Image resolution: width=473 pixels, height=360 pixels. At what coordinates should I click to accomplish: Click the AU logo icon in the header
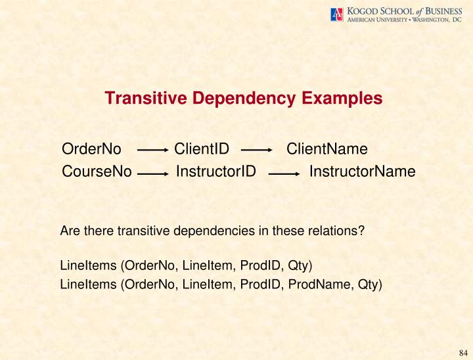pyautogui.click(x=337, y=14)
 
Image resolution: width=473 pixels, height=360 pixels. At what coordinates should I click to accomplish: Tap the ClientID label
pyautogui.click(x=202, y=149)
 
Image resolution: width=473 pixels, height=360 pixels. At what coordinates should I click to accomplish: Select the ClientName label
pyautogui.click(x=327, y=149)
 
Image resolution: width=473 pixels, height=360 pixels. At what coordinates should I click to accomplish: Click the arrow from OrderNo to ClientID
pyautogui.click(x=153, y=150)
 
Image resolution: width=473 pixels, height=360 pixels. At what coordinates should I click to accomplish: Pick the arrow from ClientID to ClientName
pyautogui.click(x=257, y=150)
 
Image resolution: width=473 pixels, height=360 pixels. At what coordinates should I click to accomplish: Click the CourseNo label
pyautogui.click(x=97, y=172)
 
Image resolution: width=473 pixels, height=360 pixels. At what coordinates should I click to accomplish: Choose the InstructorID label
pyautogui.click(x=216, y=172)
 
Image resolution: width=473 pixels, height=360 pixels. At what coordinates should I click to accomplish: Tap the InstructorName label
pyautogui.click(x=362, y=172)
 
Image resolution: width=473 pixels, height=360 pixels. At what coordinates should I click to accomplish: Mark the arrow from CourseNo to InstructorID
pyautogui.click(x=154, y=175)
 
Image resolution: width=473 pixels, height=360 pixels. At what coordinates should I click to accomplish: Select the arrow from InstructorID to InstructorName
pyautogui.click(x=284, y=175)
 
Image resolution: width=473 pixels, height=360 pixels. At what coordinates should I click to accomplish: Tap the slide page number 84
pyautogui.click(x=462, y=351)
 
